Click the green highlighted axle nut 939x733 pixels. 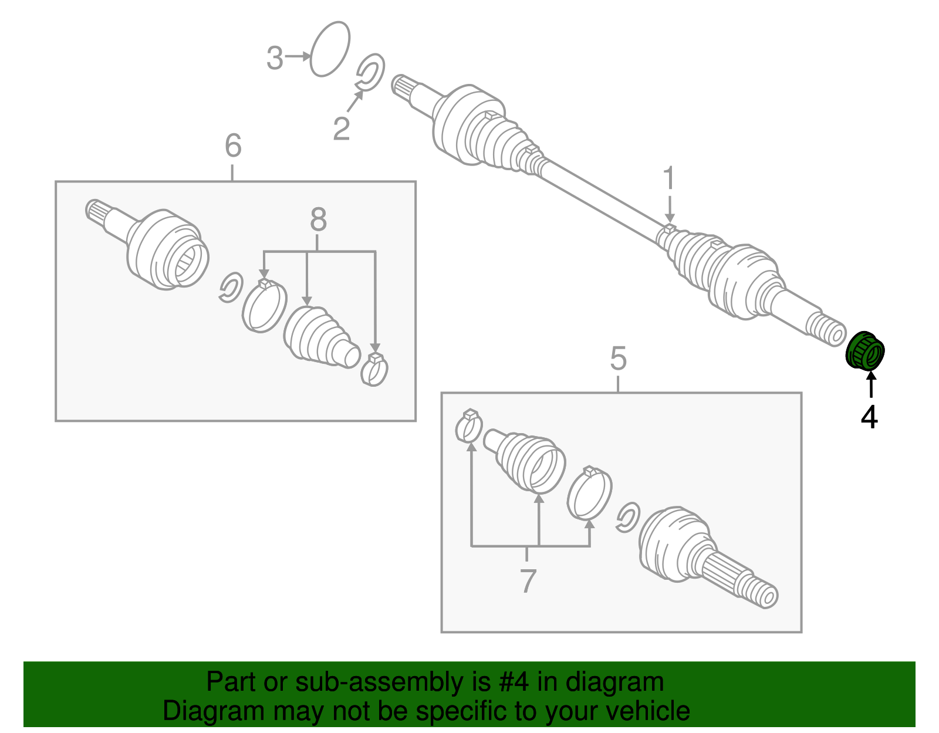point(865,352)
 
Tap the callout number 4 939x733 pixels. point(869,417)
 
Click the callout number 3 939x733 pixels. point(275,59)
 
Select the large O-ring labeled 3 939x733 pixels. point(329,49)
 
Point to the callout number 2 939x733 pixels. point(341,129)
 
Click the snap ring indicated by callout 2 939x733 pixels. point(371,73)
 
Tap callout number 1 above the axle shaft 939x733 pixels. point(669,178)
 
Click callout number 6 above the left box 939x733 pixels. point(233,146)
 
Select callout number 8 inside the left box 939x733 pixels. point(317,220)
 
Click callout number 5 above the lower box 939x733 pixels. point(618,358)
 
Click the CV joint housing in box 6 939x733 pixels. point(167,249)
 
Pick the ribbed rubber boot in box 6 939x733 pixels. point(320,337)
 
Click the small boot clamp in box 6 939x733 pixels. point(374,370)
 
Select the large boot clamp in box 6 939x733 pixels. point(264,306)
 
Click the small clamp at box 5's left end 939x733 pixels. point(469,427)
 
